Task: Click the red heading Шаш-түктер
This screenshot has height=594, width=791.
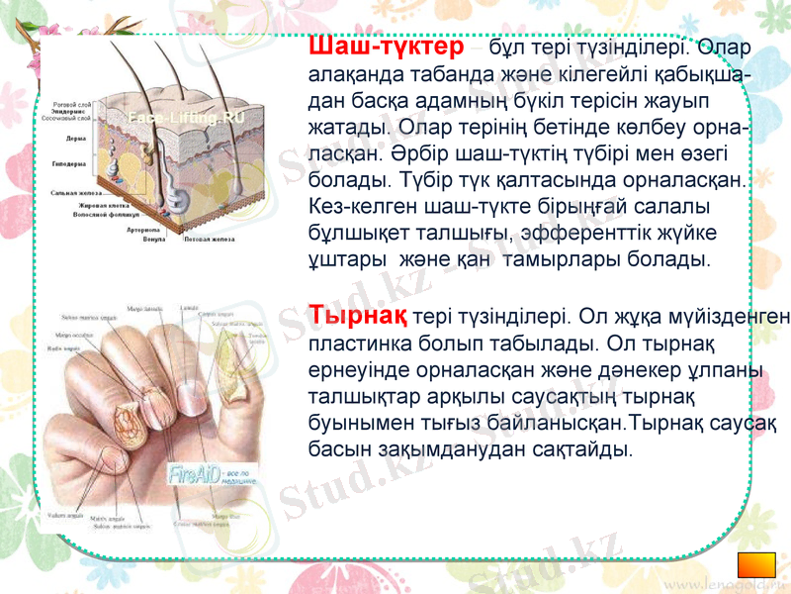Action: pos(386,47)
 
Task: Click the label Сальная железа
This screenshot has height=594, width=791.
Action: pos(76,193)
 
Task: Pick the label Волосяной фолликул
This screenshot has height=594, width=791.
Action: pos(110,214)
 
